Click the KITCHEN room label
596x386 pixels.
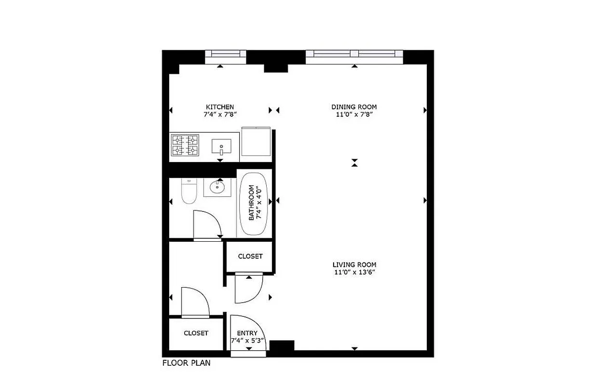pyautogui.click(x=220, y=107)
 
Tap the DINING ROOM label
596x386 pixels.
pyautogui.click(x=354, y=107)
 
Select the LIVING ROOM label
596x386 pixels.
pyautogui.click(x=354, y=264)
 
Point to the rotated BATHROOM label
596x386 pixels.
pyautogui.click(x=251, y=203)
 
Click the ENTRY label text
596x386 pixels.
pyautogui.click(x=247, y=333)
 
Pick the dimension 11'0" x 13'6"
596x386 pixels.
pyautogui.click(x=354, y=272)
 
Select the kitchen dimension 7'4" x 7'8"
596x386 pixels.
pyautogui.click(x=220, y=114)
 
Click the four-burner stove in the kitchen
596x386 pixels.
pyautogui.click(x=186, y=145)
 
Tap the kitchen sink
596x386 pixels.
pyautogui.click(x=221, y=146)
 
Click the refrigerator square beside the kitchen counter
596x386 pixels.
pyautogui.click(x=256, y=142)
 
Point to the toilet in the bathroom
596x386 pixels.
pyautogui.click(x=189, y=191)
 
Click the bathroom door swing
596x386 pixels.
pyautogui.click(x=206, y=224)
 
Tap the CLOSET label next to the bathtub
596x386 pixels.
pyautogui.click(x=250, y=256)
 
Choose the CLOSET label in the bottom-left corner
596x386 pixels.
pyautogui.click(x=196, y=333)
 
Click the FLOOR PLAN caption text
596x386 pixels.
pyautogui.click(x=186, y=363)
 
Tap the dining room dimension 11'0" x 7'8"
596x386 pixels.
pyautogui.click(x=354, y=114)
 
